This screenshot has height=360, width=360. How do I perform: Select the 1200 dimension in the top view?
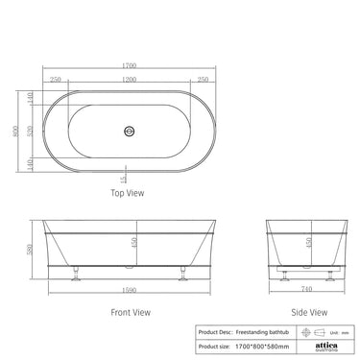(x=128, y=80)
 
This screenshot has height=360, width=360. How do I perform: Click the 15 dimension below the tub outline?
(x=124, y=179)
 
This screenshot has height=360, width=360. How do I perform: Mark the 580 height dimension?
(x=33, y=252)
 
